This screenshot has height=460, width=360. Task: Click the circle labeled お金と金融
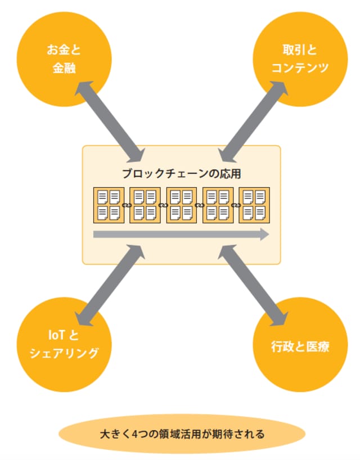pos(64,60)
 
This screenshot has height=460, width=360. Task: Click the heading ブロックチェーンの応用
pos(182,173)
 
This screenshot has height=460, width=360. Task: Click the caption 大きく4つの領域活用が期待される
pos(182,434)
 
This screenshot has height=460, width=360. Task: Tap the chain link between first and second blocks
pos(127,205)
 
